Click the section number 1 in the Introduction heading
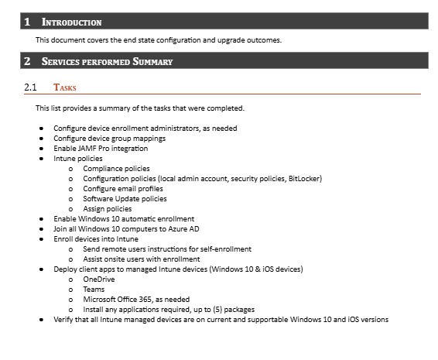click(27, 22)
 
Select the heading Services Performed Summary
click(108, 61)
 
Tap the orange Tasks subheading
click(64, 87)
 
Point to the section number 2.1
click(30, 87)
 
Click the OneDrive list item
click(98, 279)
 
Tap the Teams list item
click(94, 289)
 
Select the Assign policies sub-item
click(107, 208)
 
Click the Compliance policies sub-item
click(116, 168)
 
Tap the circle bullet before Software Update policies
click(71, 198)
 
